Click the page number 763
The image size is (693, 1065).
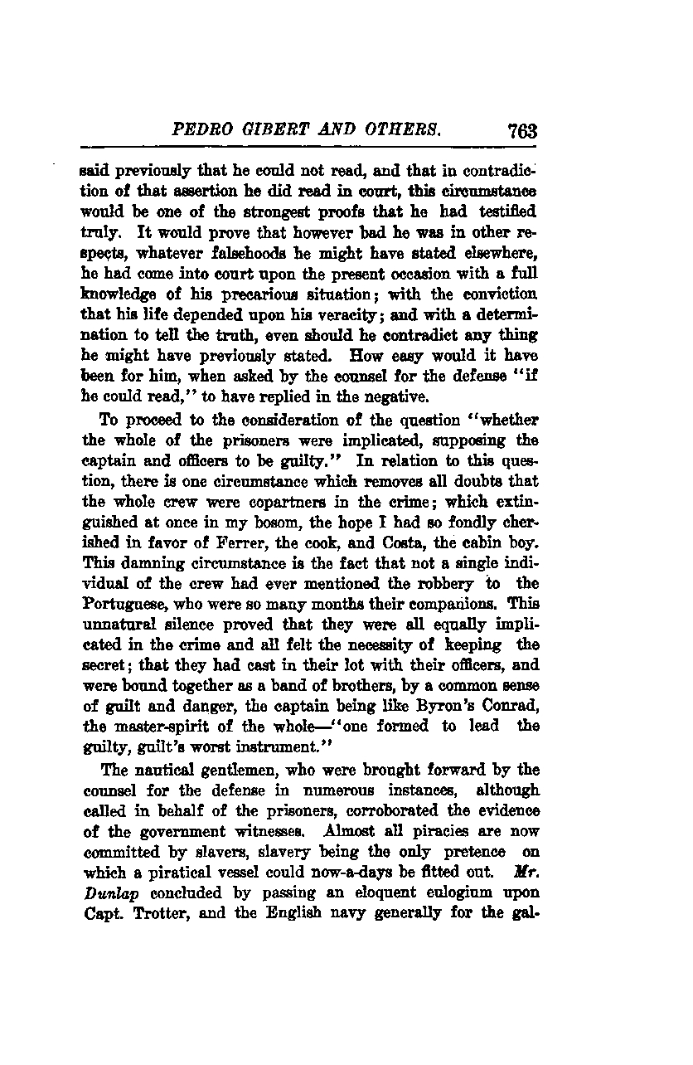tap(521, 130)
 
